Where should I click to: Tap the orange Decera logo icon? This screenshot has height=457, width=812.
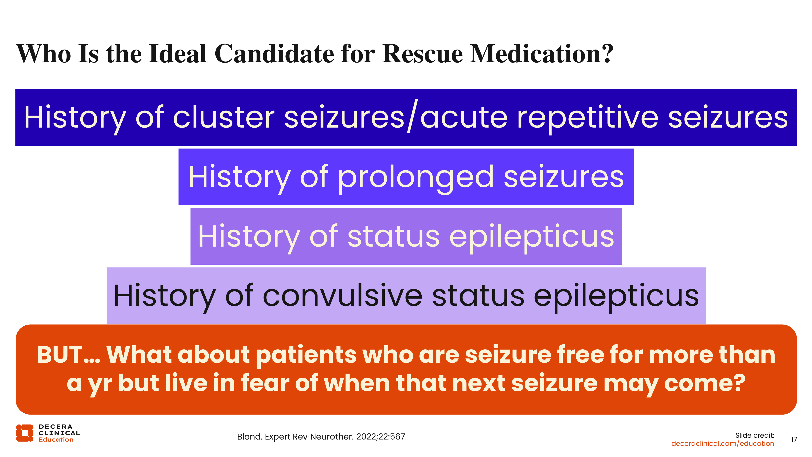click(x=25, y=433)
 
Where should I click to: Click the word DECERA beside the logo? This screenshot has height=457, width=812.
click(x=55, y=427)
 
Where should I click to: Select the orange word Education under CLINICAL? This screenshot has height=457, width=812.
click(x=56, y=440)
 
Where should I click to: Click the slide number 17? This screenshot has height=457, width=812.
click(x=794, y=439)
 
